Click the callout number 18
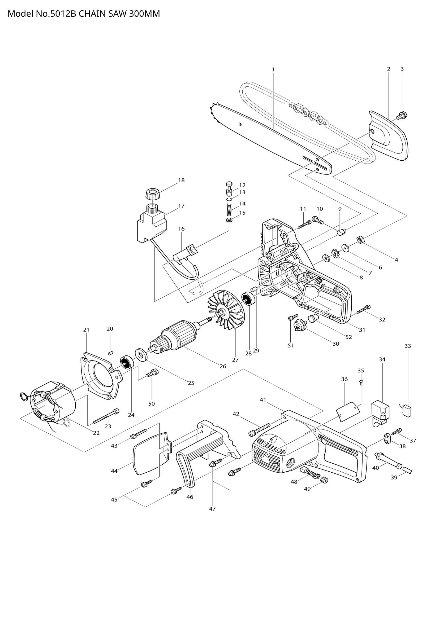(x=181, y=181)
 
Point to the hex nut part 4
(x=360, y=239)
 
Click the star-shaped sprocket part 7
(x=335, y=254)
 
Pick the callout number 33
(x=408, y=346)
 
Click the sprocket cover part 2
(x=389, y=135)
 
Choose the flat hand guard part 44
(x=148, y=457)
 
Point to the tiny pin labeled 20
(x=110, y=353)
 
